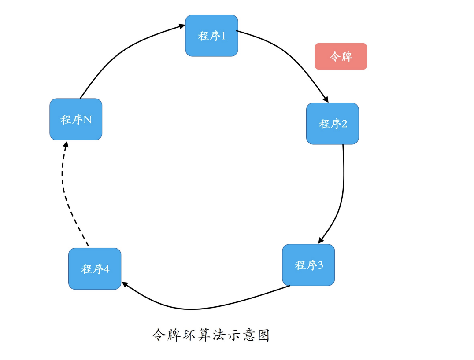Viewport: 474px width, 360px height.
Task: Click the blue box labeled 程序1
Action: pos(211,36)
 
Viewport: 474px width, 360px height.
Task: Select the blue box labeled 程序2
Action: pos(332,124)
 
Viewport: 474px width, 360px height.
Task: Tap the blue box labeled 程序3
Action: pos(308,265)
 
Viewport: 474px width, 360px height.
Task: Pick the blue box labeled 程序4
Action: pos(95,269)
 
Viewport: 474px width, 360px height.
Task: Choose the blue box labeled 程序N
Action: pos(76,119)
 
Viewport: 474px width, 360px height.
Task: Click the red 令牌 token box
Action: pos(341,56)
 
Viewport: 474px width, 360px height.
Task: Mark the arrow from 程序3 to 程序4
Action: pos(198,308)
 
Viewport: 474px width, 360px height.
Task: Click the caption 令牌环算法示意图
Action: pos(210,335)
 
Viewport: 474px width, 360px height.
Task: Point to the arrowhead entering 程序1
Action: pos(182,26)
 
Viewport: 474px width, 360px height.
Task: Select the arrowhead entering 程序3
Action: pos(321,240)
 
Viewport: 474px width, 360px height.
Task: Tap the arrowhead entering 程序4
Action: pos(125,285)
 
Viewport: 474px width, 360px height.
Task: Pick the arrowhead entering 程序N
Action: pos(66,144)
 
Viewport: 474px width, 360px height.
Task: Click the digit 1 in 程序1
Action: pos(222,36)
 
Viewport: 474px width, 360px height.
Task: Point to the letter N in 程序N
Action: pos(88,120)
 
